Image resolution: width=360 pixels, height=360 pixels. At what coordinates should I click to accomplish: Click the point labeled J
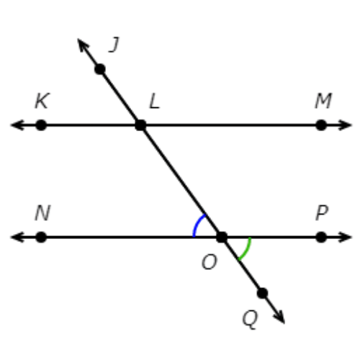pos(100,69)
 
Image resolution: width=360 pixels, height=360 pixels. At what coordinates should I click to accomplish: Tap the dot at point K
pos(41,125)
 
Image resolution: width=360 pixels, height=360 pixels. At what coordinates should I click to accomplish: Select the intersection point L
pos(140,125)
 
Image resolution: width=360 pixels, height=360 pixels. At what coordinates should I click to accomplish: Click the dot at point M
pos(321,125)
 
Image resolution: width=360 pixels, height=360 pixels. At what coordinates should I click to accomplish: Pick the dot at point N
pos(41,237)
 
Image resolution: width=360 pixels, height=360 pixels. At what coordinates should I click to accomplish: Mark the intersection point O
pos(222,237)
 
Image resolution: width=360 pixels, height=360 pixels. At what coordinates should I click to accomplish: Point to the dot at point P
pos(321,237)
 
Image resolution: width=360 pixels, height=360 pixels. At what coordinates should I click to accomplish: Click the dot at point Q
pos(262,293)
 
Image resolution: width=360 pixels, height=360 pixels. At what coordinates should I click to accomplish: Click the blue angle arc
pos(197,223)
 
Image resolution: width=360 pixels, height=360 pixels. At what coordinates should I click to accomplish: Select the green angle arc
pos(247,251)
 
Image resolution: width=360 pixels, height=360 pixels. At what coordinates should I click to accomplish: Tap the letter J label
pos(114,45)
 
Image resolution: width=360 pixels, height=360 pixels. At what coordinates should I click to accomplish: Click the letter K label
pos(42,101)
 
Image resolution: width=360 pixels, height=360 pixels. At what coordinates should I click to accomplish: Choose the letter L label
pos(154,101)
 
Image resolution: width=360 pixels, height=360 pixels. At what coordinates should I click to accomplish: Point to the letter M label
pos(323,101)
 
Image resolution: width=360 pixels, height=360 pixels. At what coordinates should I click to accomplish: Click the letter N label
pos(42,213)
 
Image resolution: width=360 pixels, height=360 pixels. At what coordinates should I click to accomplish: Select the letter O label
pos(210,262)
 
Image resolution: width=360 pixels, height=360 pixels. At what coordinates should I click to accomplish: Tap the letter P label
pos(322,213)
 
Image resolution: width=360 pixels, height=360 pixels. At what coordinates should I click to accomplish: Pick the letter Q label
pos(250,320)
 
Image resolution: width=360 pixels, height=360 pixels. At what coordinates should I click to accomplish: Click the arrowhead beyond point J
pos(83,45)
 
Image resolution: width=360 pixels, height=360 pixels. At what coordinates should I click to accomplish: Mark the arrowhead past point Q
pos(279,317)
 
